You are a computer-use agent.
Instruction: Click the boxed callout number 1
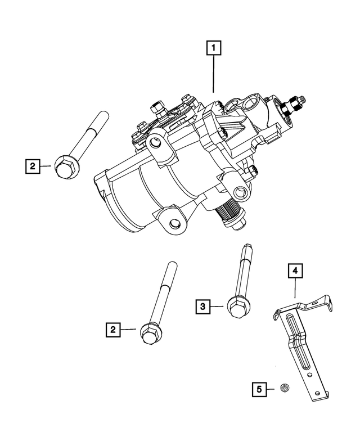pyautogui.click(x=213, y=48)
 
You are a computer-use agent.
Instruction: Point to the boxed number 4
pyautogui.click(x=294, y=272)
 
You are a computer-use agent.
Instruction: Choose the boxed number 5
pyautogui.click(x=259, y=388)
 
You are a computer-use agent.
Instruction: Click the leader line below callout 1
pyautogui.click(x=213, y=73)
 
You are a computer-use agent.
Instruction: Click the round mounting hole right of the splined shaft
pyautogui.click(x=242, y=194)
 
